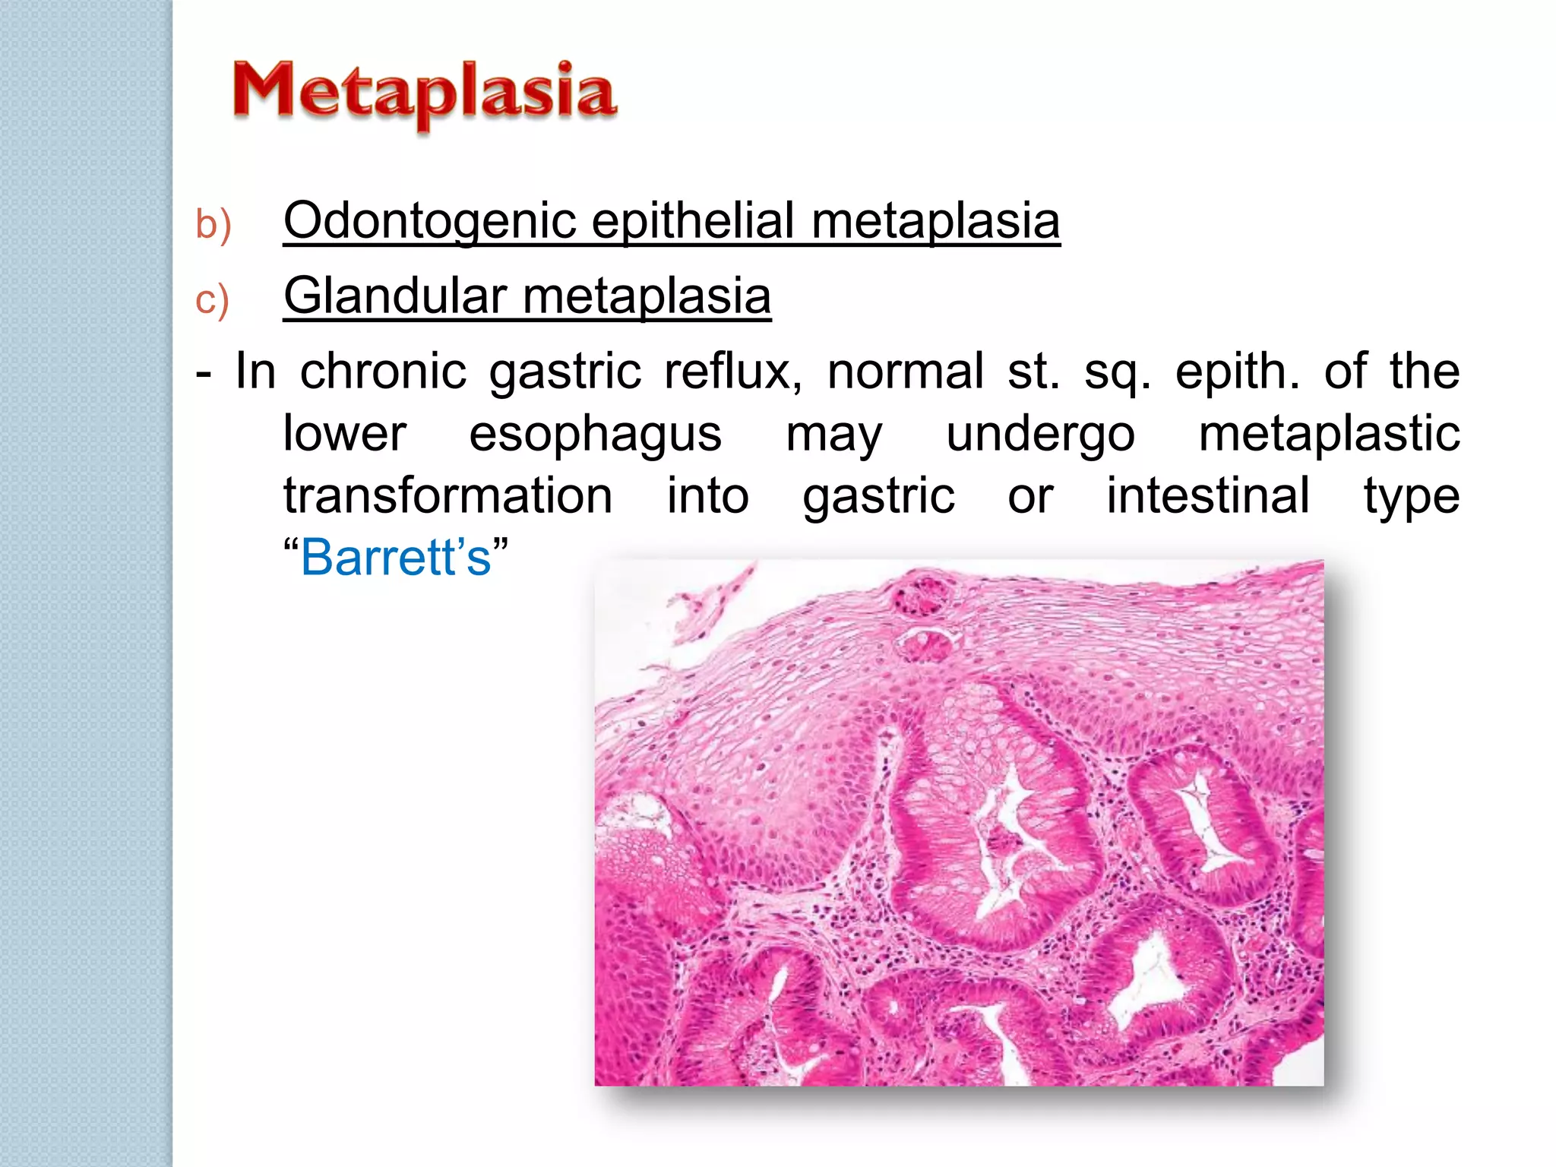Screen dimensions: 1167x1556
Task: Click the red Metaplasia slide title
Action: [x=424, y=93]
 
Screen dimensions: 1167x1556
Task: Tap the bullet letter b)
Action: [x=213, y=225]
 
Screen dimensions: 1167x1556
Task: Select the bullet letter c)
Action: [x=212, y=299]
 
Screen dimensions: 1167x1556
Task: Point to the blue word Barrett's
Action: [x=396, y=558]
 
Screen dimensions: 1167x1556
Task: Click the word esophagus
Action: [x=595, y=435]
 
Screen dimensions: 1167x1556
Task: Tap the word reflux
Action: [x=732, y=372]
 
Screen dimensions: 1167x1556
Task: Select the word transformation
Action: [x=448, y=496]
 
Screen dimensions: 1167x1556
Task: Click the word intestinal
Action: [x=1207, y=496]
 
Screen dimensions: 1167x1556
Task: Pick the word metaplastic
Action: [x=1329, y=434]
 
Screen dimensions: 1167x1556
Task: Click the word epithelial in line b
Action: [x=693, y=221]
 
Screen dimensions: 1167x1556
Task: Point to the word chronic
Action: [x=383, y=372]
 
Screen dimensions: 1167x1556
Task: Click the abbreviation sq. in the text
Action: [x=1117, y=373]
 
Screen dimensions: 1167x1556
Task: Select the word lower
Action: [x=344, y=434]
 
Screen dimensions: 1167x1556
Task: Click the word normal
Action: [x=905, y=372]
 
